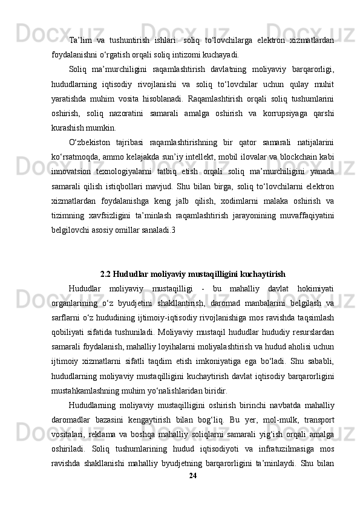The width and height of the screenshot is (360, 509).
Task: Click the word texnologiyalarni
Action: pos(136,173)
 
